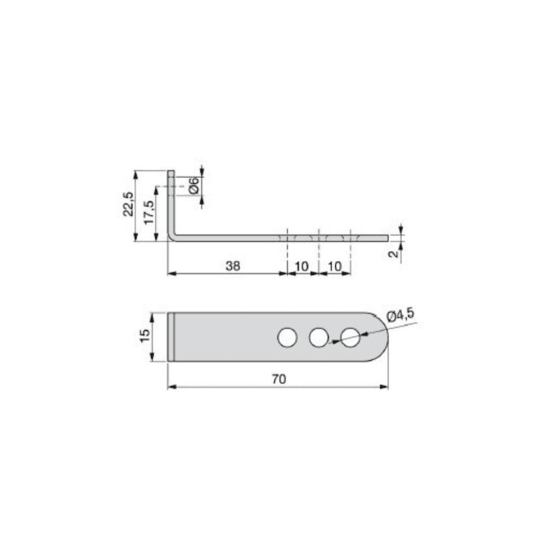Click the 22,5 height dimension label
point(128,204)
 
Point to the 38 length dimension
point(233,266)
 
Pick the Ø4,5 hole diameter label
point(400,315)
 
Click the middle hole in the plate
point(318,337)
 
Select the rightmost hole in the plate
point(351,337)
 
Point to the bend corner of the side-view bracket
point(171,236)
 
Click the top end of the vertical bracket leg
point(171,173)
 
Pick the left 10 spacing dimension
point(302,266)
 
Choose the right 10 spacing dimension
point(335,266)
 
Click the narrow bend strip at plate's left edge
point(170,337)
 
